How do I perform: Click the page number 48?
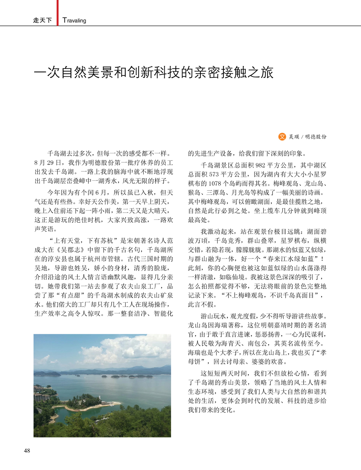point(27,450)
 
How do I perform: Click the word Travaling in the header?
point(74,20)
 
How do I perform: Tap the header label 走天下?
point(42,20)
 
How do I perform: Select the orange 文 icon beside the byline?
point(282,137)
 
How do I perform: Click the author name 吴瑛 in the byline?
point(294,137)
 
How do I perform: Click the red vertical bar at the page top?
point(57,11)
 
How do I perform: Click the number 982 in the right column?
point(260,165)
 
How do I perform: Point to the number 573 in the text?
point(214,174)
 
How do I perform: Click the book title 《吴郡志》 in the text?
point(71,250)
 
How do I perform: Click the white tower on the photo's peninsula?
point(99,398)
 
